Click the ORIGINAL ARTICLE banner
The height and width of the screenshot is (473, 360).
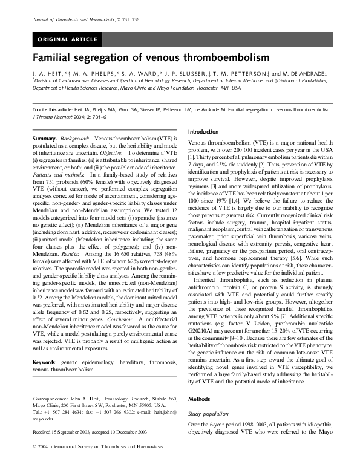click(68, 40)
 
